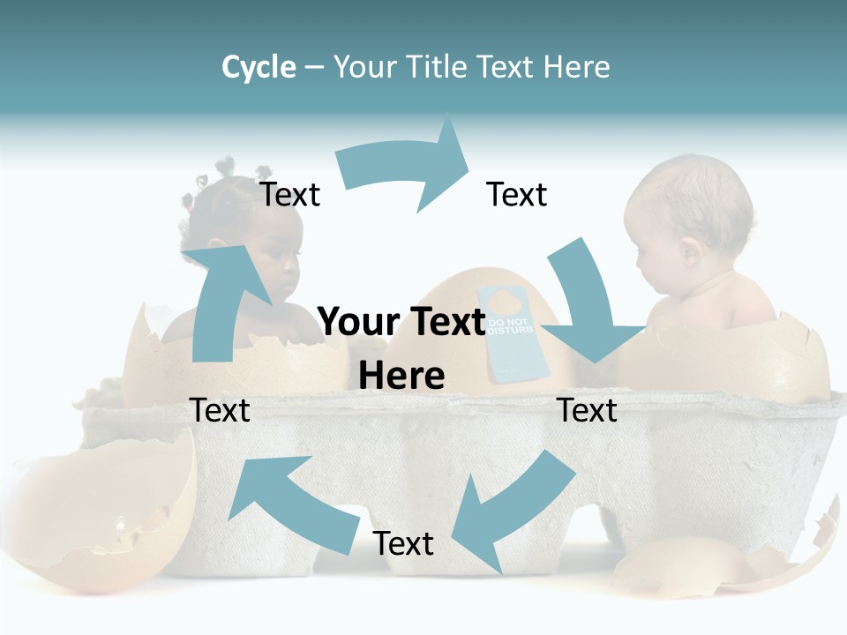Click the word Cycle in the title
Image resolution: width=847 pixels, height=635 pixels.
click(x=259, y=67)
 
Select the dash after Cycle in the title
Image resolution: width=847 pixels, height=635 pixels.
click(x=314, y=68)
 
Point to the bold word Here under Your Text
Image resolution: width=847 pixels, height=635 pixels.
click(x=401, y=377)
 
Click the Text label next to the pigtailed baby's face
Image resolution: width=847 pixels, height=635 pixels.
click(x=289, y=195)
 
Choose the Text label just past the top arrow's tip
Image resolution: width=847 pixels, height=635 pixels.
click(x=517, y=195)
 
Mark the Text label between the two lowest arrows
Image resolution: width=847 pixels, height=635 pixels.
click(x=403, y=544)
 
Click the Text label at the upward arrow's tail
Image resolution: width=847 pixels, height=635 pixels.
click(x=220, y=411)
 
